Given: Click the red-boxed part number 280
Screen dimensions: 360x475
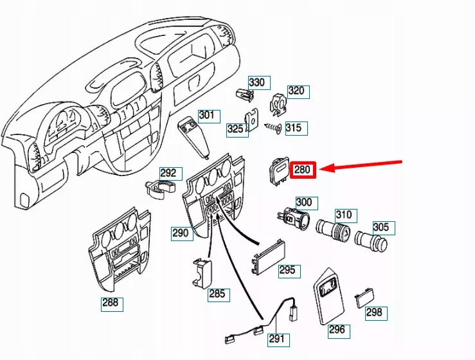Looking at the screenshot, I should click(302, 170).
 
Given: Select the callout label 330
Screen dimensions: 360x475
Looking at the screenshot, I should click(257, 83).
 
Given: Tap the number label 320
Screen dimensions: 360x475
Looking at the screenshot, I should click(296, 91).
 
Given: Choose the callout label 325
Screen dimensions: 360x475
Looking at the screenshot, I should click(236, 129).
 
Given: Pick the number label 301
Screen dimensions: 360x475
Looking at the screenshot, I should click(206, 116).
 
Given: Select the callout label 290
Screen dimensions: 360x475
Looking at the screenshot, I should click(181, 233).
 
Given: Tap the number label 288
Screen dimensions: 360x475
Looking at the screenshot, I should click(111, 303).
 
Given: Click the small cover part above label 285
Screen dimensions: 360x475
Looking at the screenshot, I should click(201, 272).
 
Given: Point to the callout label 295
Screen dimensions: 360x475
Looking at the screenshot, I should click(287, 270).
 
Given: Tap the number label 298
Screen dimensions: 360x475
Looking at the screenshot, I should click(373, 312).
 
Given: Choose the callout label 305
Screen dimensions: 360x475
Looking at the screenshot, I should click(381, 227).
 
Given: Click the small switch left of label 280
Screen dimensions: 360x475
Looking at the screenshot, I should click(279, 172).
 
